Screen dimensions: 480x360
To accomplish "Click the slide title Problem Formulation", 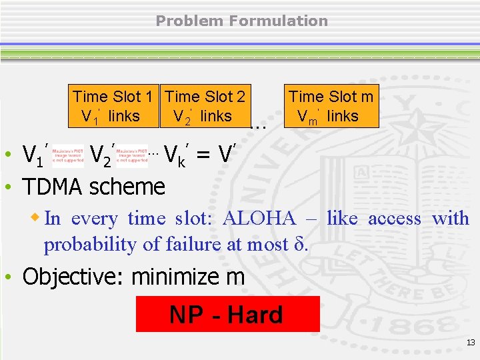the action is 241,21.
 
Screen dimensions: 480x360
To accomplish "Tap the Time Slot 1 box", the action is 116,106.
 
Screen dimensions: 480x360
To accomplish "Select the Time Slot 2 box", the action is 205,106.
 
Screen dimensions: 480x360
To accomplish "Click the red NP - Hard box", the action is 227,315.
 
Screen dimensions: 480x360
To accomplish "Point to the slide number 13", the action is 471,343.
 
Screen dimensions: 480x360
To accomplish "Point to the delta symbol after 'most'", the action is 299,245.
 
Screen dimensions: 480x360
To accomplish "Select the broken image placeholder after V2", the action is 131,155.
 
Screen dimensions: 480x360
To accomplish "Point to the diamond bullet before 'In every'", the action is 37,217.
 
